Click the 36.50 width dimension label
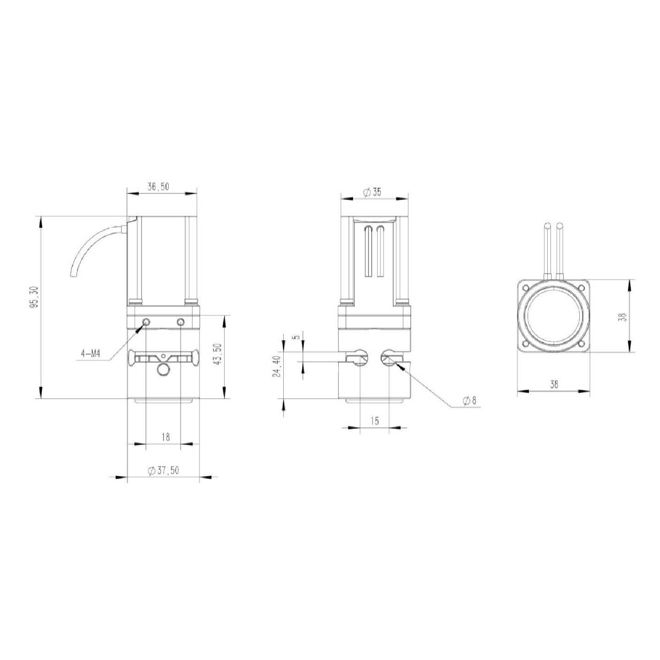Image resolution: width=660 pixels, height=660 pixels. tap(158, 187)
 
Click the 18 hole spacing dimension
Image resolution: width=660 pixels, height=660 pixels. tap(165, 437)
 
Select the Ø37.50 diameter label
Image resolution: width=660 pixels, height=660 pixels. tap(163, 470)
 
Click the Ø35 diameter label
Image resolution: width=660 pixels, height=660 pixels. tap(372, 192)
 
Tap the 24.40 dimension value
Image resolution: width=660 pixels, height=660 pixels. tap(277, 366)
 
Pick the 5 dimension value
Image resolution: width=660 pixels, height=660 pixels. tap(297, 336)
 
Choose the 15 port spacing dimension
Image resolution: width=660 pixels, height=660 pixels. tap(375, 421)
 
